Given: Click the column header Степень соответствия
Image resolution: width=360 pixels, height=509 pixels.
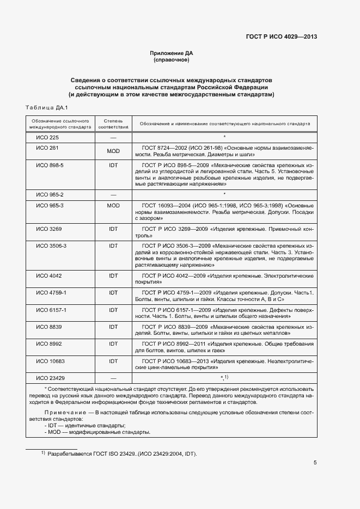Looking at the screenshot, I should click(x=113, y=123).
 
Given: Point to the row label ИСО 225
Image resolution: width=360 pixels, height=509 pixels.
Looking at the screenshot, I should click(x=47, y=137).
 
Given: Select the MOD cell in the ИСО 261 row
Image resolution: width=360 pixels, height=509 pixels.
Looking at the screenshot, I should click(x=113, y=151).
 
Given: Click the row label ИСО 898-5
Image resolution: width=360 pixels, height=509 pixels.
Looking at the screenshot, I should click(x=50, y=165).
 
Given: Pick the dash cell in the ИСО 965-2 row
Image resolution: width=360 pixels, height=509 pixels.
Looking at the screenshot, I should click(x=113, y=194).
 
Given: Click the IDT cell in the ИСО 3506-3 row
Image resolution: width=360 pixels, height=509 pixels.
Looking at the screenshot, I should click(x=113, y=246).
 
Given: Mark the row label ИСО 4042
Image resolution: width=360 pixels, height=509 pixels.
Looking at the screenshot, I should click(x=48, y=275).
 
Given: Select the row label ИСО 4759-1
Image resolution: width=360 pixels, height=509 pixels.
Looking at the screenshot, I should click(x=51, y=292).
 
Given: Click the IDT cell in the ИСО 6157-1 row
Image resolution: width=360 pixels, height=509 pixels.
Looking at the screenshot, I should click(x=113, y=309).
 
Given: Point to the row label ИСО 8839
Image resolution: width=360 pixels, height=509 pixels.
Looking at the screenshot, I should click(x=48, y=327).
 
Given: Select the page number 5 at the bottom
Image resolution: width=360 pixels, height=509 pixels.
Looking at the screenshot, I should click(x=315, y=463).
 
